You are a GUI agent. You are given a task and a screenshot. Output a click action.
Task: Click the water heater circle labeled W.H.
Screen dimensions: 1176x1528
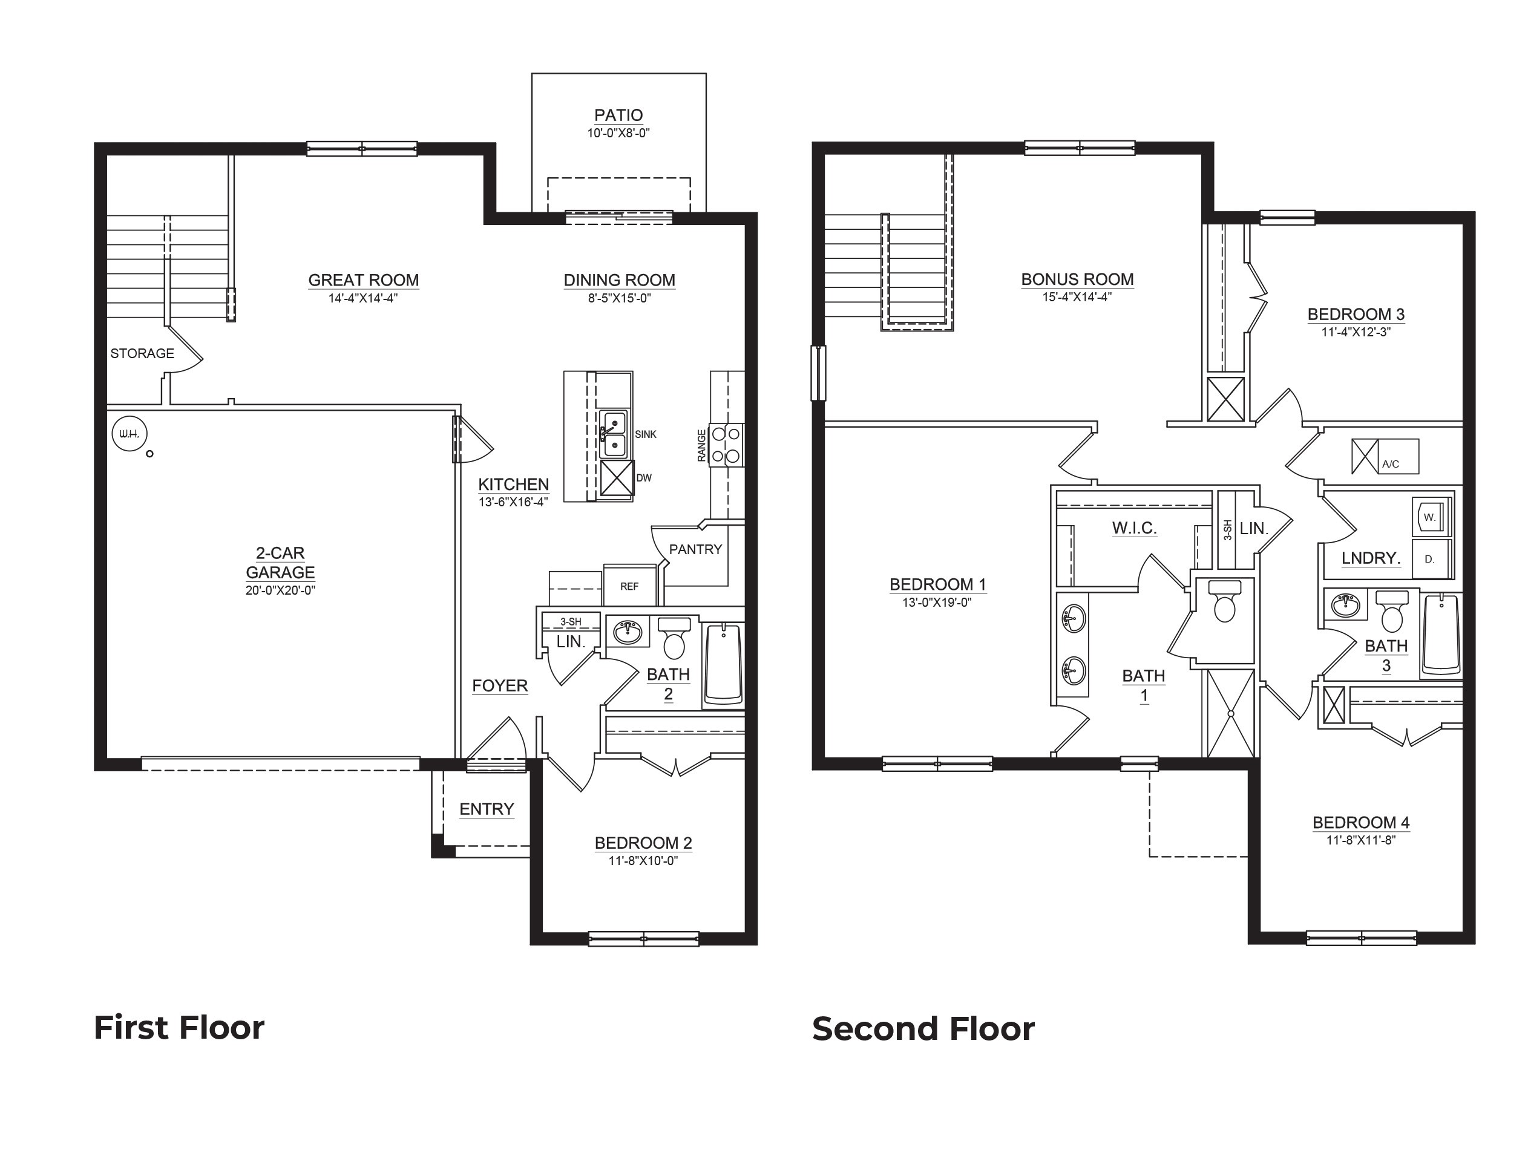[130, 434]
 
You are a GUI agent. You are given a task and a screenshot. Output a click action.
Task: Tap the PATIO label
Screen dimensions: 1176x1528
[618, 115]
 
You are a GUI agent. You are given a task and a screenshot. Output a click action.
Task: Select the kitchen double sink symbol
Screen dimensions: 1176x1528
[614, 434]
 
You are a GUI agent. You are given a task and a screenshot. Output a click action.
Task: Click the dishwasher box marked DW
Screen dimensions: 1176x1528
[617, 478]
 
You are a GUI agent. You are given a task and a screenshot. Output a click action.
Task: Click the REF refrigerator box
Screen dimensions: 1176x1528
[629, 586]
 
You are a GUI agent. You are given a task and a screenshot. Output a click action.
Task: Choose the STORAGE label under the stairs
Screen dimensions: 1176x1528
[142, 353]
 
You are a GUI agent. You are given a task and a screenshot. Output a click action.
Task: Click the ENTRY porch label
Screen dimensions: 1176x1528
[487, 809]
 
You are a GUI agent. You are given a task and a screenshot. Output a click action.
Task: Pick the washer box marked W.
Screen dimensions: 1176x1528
[1430, 517]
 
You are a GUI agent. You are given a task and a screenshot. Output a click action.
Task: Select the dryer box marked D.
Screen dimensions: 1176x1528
[1430, 558]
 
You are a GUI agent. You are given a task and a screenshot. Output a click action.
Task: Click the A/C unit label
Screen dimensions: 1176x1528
[1391, 463]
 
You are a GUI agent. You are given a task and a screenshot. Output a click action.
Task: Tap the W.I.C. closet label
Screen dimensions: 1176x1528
[1134, 528]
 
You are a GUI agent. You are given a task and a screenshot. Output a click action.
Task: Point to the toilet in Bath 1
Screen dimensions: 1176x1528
[1224, 603]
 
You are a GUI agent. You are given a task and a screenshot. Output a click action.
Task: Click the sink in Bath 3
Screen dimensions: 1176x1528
[1344, 605]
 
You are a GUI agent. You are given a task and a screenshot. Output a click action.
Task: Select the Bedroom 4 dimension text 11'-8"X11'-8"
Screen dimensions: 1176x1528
[1361, 840]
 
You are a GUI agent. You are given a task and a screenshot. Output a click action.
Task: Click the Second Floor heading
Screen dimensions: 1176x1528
[923, 1028]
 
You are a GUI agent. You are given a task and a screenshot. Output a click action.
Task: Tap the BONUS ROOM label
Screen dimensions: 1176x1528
[1077, 279]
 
